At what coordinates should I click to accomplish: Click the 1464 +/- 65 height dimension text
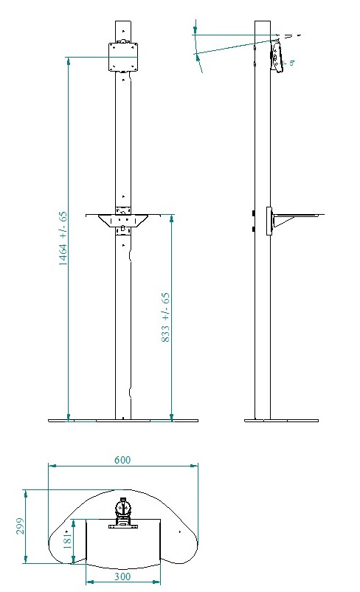click(64, 238)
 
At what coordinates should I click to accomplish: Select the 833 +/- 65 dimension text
click(166, 317)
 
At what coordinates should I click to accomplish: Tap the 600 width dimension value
click(122, 460)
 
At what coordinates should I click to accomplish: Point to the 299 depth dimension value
click(21, 526)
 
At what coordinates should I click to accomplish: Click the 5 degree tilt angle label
click(291, 63)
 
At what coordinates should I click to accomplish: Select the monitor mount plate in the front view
click(123, 57)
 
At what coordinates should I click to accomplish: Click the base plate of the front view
click(123, 421)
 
